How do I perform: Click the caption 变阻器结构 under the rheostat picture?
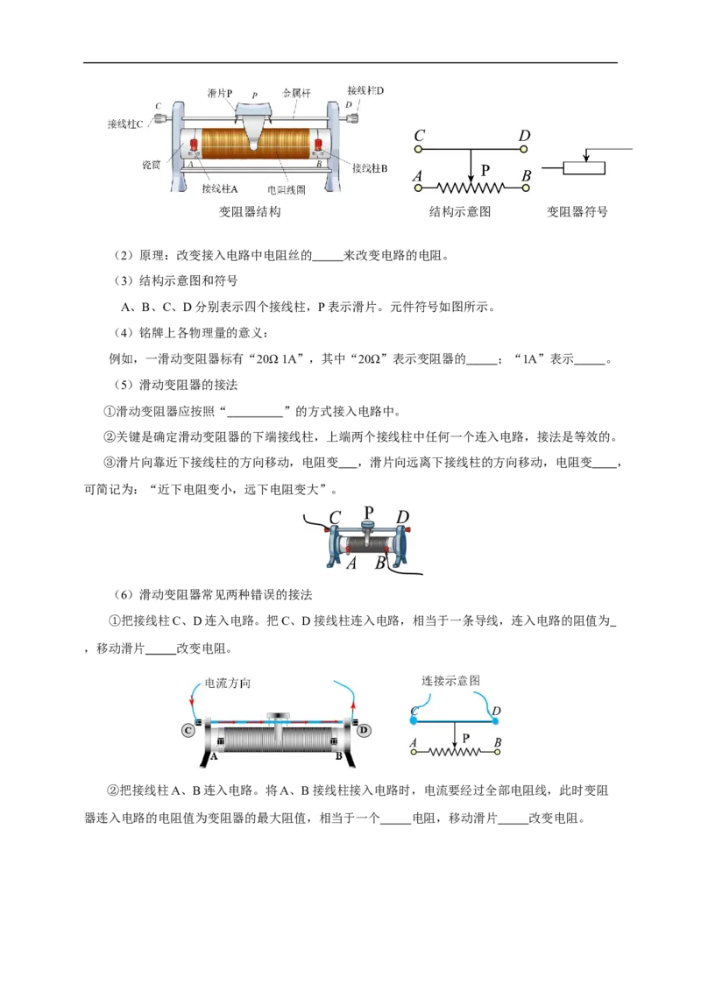pos(250,212)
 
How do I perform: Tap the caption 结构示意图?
pos(460,212)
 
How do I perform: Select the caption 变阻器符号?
pos(577,212)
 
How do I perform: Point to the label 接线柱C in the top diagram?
pos(125,124)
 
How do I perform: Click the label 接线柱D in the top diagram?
pos(365,90)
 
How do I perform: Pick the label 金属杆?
pos(297,93)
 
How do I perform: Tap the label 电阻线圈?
pos(286,190)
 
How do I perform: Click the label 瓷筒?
pos(152,165)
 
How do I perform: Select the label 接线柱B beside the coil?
pos(370,168)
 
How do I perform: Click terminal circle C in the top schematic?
pos(418,149)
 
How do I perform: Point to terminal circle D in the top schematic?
pos(524,149)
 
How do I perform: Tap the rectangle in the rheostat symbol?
pos(584,168)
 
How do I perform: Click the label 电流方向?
pos(227,684)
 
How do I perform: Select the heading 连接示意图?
pos(450,681)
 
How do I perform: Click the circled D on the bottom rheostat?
pos(363,731)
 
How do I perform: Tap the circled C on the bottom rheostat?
pos(188,731)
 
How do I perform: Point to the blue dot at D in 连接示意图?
pos(495,720)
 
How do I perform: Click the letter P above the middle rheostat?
pos(369,512)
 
